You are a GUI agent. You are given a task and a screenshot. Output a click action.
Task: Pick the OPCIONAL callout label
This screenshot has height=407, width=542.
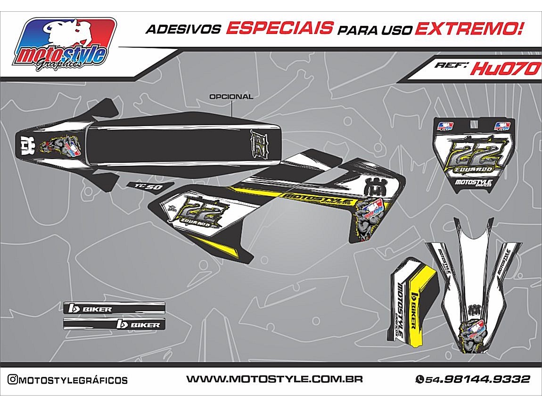point(231,97)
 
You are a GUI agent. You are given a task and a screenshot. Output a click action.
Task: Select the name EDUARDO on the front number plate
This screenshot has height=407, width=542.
point(475,169)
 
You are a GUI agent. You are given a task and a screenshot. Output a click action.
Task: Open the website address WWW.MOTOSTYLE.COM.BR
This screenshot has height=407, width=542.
point(274,379)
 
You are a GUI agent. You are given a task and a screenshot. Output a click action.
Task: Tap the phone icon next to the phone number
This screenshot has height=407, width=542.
point(419,380)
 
